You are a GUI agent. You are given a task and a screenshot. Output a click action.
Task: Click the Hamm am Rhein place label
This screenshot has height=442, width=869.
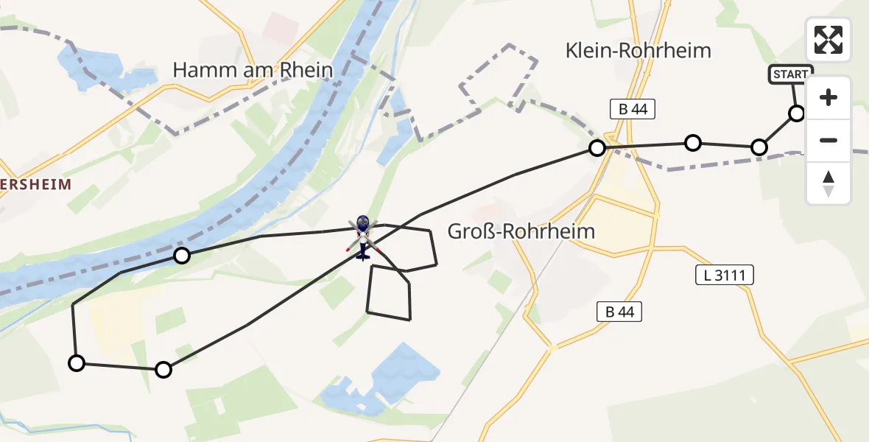[253, 71]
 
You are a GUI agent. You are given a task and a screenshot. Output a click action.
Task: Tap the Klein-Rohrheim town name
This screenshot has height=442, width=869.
[638, 51]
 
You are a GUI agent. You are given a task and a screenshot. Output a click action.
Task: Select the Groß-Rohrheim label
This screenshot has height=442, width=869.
[521, 232]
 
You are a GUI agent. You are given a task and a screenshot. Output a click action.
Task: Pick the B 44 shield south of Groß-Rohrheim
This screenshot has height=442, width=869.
[619, 312]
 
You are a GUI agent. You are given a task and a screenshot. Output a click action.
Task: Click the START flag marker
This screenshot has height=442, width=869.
[791, 74]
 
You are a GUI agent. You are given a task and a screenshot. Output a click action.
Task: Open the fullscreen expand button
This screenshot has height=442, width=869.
[828, 40]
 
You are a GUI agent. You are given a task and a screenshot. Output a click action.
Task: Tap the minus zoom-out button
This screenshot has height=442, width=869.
[828, 140]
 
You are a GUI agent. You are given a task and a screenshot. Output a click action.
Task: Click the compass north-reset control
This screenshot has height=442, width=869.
[828, 183]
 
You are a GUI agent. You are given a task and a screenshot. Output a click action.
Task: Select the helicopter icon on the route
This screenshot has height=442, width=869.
[362, 236]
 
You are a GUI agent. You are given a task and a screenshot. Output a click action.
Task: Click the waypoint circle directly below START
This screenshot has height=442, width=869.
[797, 113]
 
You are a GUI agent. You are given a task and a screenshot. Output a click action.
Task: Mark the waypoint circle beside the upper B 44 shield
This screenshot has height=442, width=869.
[597, 148]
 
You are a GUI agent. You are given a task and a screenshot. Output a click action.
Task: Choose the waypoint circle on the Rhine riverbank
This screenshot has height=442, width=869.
[181, 256]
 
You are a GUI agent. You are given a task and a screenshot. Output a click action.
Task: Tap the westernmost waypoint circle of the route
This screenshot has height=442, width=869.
[76, 362]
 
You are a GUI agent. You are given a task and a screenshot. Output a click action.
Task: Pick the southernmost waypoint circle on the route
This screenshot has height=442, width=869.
[163, 370]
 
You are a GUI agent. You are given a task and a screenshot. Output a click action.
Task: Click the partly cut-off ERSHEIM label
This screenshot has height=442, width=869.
[35, 184]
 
